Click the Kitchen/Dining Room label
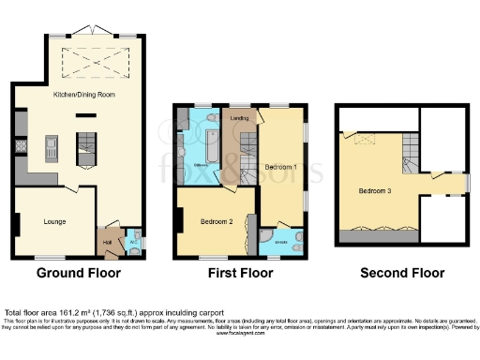[x=78, y=95]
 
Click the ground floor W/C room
[x=133, y=241]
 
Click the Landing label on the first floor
[x=239, y=118]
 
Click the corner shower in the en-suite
[x=268, y=235]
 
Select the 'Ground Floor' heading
[x=78, y=274]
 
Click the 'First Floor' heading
[x=240, y=274]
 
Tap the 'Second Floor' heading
[x=401, y=274]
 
